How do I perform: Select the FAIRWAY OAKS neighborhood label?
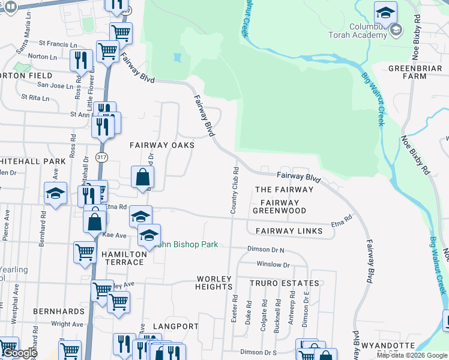162,146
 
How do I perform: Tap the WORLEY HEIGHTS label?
214,283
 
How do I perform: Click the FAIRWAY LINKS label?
290,231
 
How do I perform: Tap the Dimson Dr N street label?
265,249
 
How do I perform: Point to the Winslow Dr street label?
273,265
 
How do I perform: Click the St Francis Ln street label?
58,44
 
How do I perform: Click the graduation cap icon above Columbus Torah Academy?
385,12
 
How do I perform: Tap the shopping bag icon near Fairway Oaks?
143,177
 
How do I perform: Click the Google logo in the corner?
20,353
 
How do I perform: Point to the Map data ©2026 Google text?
412,355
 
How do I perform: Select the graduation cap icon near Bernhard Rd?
55,193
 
